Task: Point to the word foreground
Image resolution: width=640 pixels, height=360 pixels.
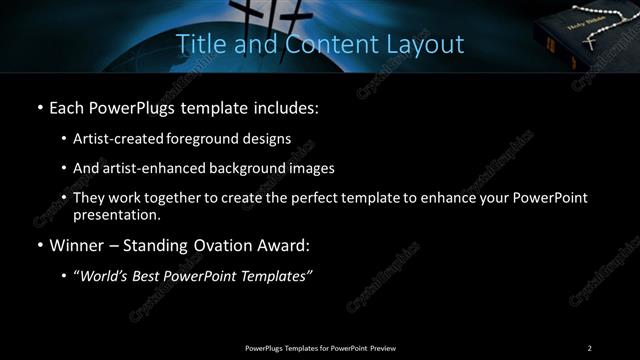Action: (x=210, y=138)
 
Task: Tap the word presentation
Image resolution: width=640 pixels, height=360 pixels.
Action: (x=117, y=214)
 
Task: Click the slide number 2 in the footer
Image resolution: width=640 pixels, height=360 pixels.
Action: (x=590, y=348)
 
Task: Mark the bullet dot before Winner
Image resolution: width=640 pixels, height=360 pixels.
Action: (x=39, y=246)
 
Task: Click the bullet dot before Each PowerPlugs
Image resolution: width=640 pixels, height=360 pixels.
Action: (x=39, y=107)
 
